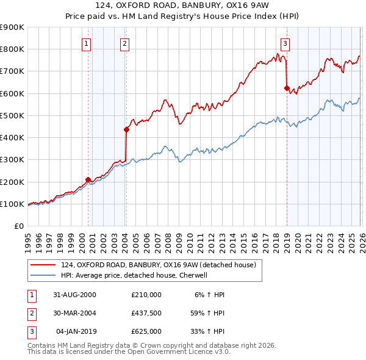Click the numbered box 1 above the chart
87,43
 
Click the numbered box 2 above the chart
124,43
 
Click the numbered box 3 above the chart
285,43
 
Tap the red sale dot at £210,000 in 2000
88,179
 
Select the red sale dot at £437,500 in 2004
127,129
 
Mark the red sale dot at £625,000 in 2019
287,88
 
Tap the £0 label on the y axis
18,226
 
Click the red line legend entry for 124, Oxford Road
162,265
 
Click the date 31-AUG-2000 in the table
74,295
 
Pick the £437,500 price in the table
146,313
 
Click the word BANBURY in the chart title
211,7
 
